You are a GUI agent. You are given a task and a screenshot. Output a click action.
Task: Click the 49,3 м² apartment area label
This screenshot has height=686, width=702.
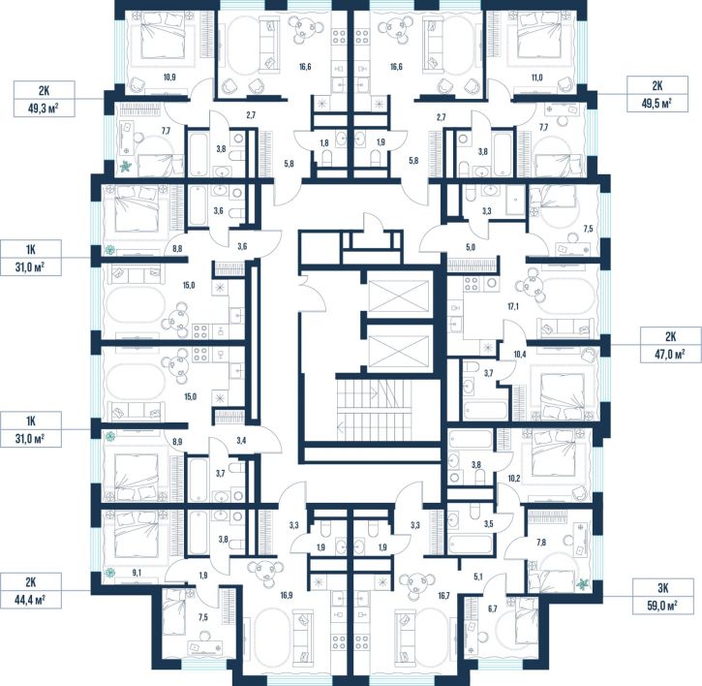click(44, 99)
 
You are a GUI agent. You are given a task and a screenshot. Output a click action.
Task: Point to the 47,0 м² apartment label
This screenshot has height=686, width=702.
click(670, 345)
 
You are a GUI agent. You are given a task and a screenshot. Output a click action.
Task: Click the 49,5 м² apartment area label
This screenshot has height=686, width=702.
click(656, 94)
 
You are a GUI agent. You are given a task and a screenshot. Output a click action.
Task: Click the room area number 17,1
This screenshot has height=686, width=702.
click(513, 307)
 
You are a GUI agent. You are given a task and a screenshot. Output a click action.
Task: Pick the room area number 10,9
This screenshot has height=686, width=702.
click(169, 78)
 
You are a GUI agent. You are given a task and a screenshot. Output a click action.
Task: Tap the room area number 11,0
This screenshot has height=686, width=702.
click(536, 78)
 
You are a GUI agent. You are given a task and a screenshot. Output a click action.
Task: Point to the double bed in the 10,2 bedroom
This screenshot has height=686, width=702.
click(554, 460)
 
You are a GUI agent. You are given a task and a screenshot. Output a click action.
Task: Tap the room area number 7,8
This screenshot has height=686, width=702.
click(541, 543)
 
